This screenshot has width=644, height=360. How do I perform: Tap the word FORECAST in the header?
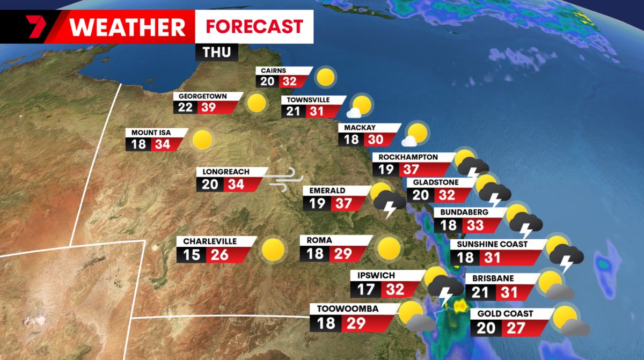coord(254,26)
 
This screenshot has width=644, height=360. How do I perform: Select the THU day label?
coord(216,52)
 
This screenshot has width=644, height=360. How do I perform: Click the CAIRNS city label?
coord(274,70)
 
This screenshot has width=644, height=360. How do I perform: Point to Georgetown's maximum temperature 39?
coord(207,107)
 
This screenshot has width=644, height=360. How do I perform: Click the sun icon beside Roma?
coord(389,248)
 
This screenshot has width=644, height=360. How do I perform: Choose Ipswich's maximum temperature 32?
coord(395,290)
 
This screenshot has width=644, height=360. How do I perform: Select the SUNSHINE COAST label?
coord(492,244)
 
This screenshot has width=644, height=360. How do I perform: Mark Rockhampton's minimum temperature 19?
coord(385,170)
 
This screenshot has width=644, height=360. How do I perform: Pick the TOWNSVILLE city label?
coord(308,100)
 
